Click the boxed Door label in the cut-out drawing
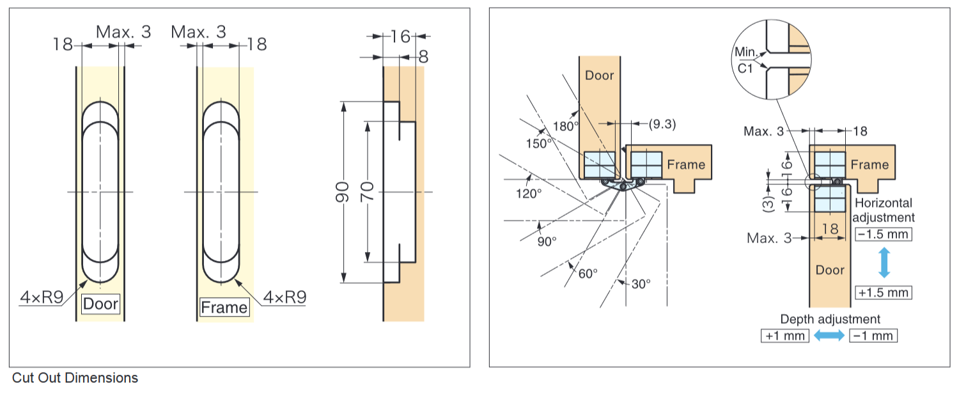click(x=101, y=304)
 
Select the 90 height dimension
click(x=343, y=192)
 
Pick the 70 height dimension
click(x=367, y=192)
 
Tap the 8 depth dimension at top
click(x=423, y=57)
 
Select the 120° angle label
click(x=528, y=193)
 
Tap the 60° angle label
click(x=587, y=273)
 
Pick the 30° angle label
click(x=641, y=283)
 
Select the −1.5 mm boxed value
click(x=883, y=233)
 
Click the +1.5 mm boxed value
click(x=883, y=292)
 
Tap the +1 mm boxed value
click(x=785, y=336)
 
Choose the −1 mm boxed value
click(x=873, y=336)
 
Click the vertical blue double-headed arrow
click(x=884, y=263)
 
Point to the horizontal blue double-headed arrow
click(x=829, y=336)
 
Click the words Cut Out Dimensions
click(x=75, y=378)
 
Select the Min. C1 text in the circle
click(x=745, y=61)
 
